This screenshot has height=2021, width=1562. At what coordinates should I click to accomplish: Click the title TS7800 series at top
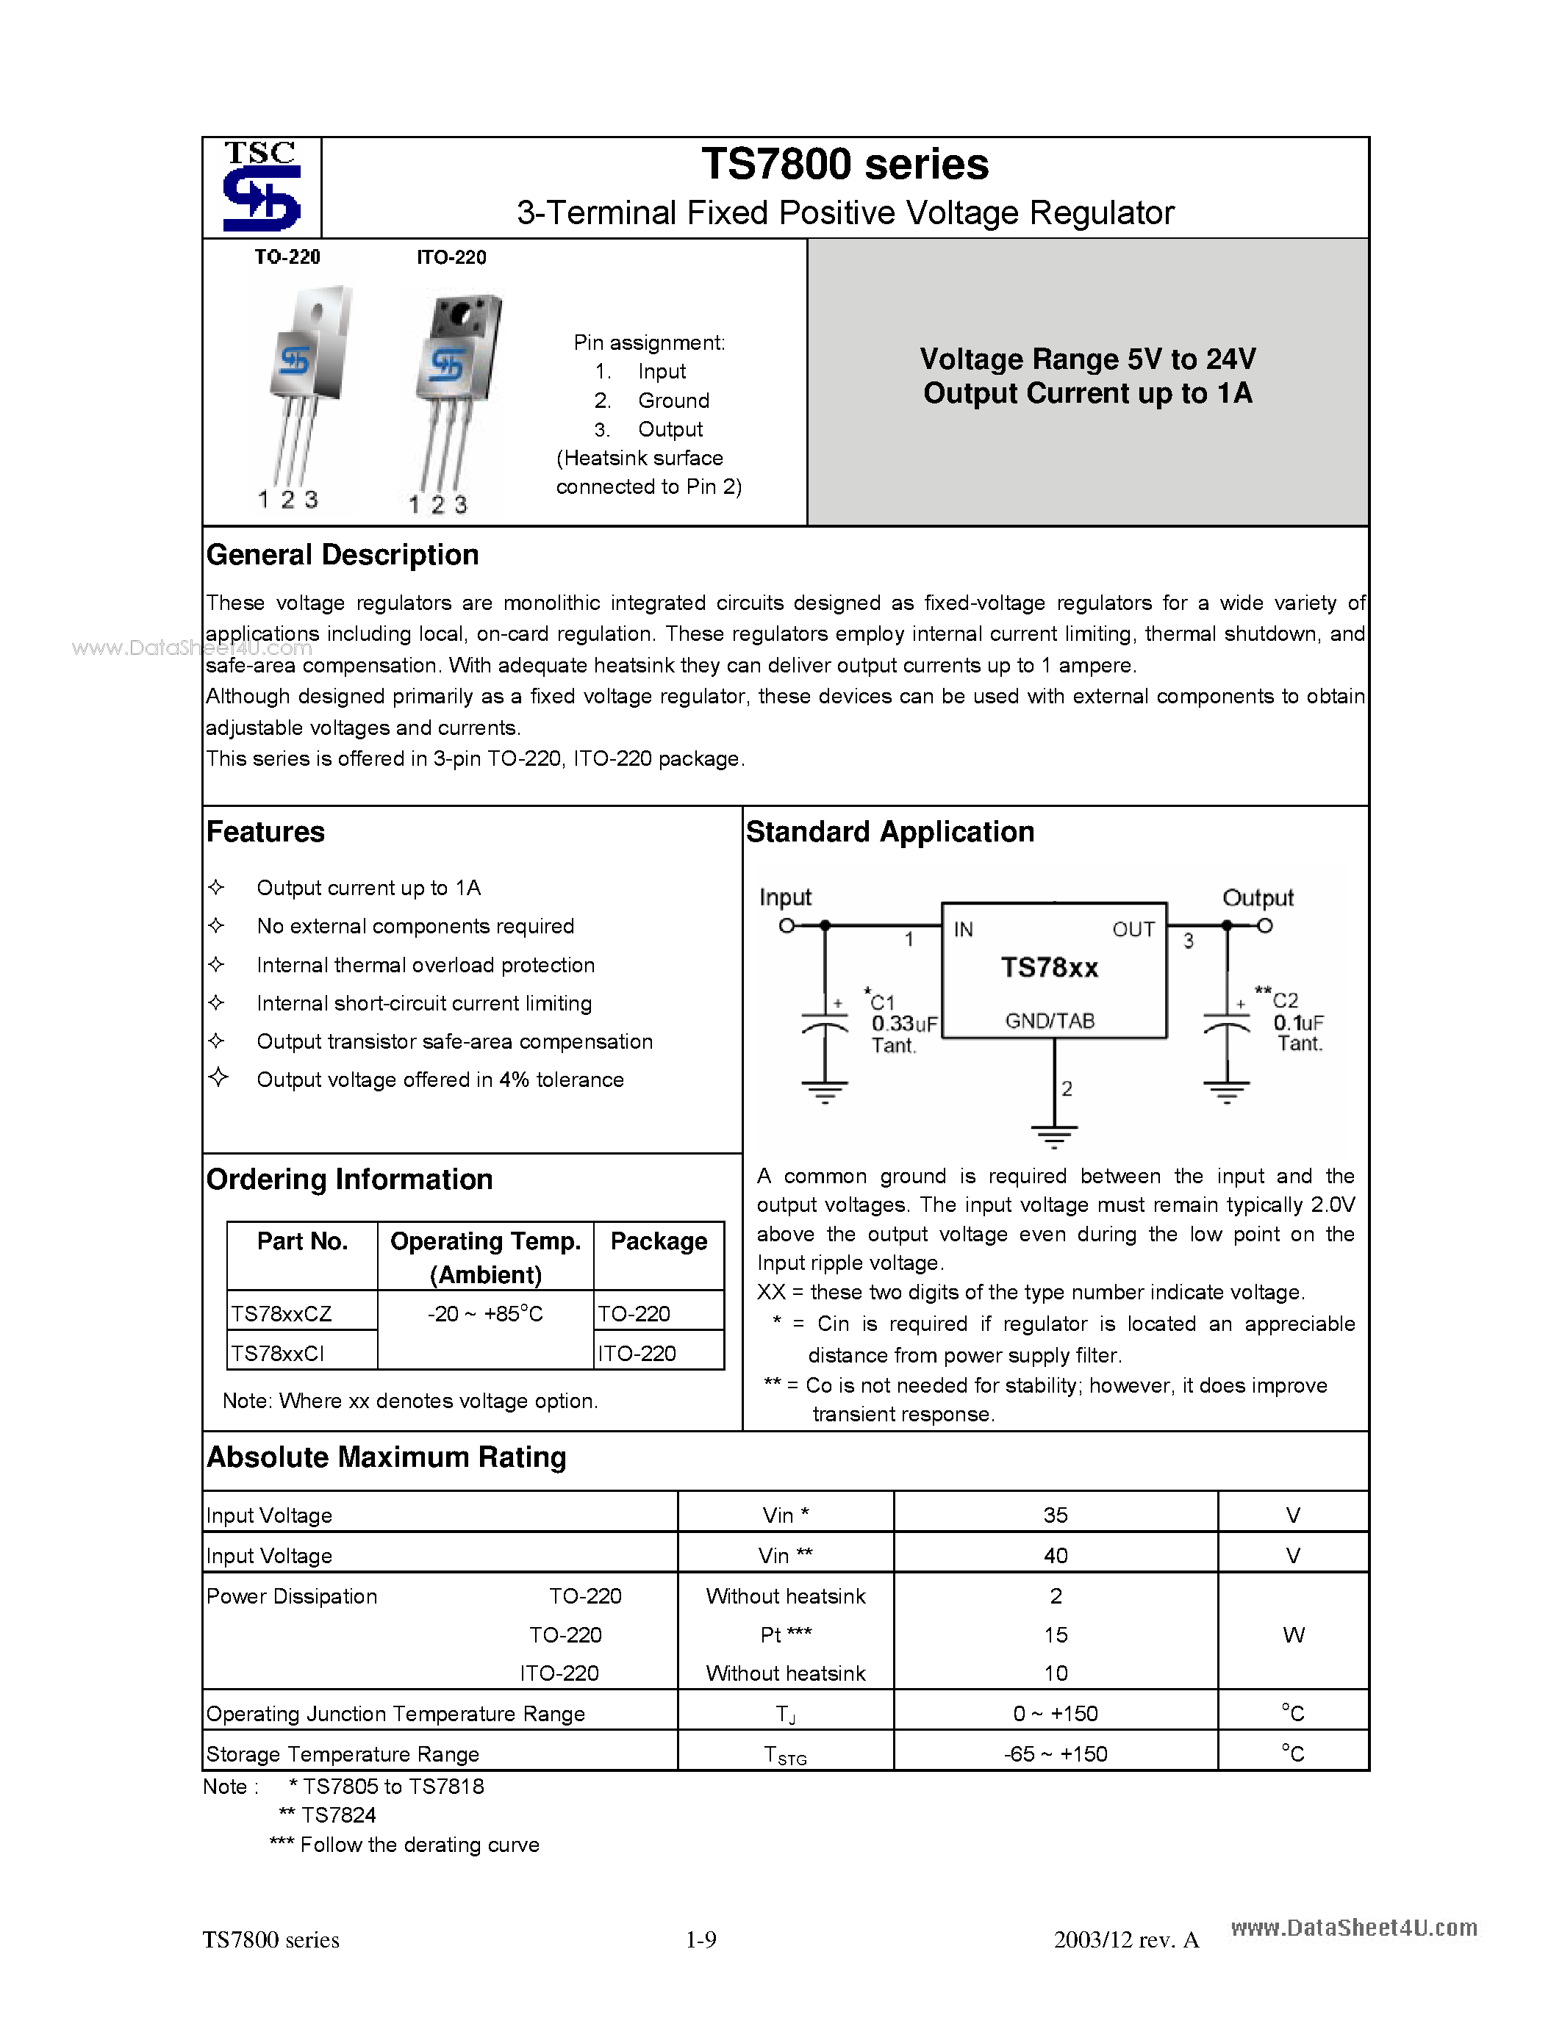click(x=845, y=165)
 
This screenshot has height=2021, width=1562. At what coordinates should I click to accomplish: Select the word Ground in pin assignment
click(x=673, y=401)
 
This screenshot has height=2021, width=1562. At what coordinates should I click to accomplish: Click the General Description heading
click(x=343, y=555)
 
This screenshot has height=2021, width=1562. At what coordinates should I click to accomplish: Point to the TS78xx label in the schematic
click(x=1050, y=968)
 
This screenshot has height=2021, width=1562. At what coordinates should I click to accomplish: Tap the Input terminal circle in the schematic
click(x=787, y=925)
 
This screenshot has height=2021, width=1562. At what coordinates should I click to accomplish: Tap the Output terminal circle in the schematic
click(x=1265, y=925)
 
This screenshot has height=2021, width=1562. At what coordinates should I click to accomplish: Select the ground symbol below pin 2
click(x=1054, y=1136)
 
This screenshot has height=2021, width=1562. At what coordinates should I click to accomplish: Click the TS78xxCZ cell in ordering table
click(x=282, y=1314)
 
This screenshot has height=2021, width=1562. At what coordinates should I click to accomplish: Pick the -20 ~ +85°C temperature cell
click(x=485, y=1314)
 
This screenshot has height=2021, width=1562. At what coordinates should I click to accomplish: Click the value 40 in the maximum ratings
click(x=1055, y=1557)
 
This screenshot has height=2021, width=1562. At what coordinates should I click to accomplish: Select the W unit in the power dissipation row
click(x=1293, y=1635)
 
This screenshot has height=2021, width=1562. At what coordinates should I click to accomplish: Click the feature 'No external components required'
click(x=415, y=926)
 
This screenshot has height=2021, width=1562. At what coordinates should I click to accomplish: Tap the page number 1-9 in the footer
click(x=701, y=1939)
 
